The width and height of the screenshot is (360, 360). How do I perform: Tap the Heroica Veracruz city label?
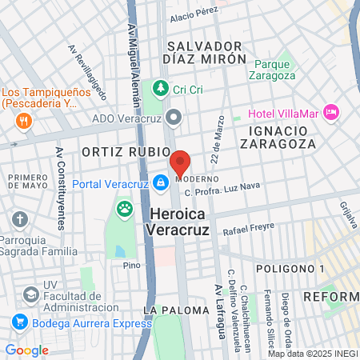177,221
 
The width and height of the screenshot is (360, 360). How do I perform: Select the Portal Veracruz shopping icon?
161,182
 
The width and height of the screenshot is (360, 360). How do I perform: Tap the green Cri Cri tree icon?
160,87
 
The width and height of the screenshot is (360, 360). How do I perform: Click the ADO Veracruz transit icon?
175,119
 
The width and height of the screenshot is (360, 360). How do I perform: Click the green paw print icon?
125,210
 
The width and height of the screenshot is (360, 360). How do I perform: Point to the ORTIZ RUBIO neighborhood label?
126,151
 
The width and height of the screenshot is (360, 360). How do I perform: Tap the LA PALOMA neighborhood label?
170,310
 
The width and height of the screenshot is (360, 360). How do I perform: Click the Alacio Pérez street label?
194,11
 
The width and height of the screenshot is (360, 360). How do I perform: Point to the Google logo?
26,350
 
